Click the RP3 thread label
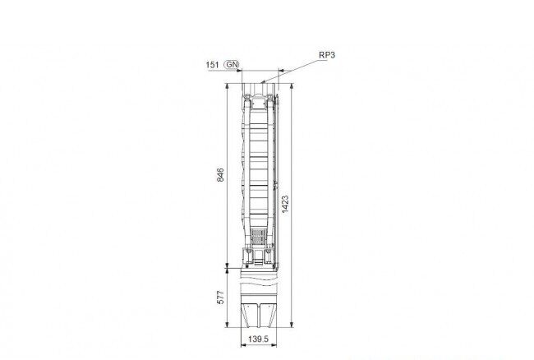[327, 55]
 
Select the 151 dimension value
[213, 65]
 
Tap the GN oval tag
[232, 64]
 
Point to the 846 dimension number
[221, 175]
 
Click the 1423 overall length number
[285, 204]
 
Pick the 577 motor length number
[221, 298]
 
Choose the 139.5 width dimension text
[258, 339]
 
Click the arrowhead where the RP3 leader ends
[263, 81]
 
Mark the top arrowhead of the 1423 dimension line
[292, 85]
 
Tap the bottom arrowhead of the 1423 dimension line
[292, 324]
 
